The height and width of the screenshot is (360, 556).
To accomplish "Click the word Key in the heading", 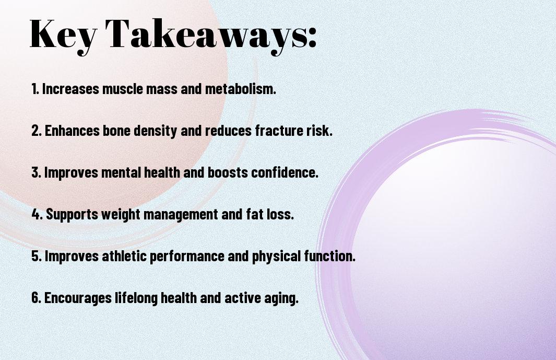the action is coord(63,36).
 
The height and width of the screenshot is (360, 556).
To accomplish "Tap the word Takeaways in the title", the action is coord(206,36).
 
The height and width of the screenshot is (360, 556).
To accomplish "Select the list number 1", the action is coord(35,89).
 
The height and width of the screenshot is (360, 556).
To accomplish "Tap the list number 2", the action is coord(37,131).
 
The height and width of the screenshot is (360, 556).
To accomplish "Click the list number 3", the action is coord(37,172).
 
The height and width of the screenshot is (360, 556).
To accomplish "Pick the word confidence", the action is coord(285,172).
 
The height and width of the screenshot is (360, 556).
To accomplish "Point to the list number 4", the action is coord(37,214).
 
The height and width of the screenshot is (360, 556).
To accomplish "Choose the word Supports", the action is coord(72,214).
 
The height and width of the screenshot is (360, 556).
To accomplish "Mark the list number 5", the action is coord(37,256).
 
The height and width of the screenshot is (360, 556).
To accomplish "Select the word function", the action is coord(330,256).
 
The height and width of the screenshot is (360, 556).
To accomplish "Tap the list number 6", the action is coord(37,297).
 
